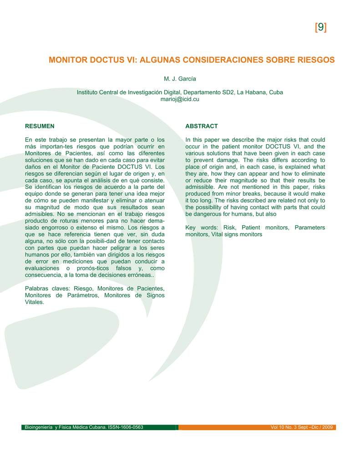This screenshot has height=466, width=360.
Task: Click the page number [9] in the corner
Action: tap(320, 28)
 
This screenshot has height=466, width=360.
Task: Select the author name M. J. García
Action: tap(180, 79)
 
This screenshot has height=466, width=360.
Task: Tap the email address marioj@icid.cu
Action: tap(180, 99)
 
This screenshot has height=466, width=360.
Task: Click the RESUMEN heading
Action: tap(40, 126)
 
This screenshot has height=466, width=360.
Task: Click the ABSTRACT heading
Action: tap(201, 126)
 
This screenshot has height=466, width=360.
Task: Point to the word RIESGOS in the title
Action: tap(314, 60)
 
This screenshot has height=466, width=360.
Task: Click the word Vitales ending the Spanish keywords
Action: tap(35, 302)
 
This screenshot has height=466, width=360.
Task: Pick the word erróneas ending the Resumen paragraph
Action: tap(139, 275)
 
